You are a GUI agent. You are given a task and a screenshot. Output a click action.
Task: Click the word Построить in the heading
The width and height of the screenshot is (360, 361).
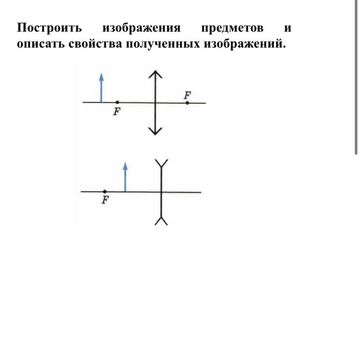click(x=49, y=28)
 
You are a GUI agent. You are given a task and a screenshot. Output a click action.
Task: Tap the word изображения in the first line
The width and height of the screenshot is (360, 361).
click(x=142, y=28)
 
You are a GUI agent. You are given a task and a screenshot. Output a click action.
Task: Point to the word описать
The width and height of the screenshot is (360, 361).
click(x=41, y=44)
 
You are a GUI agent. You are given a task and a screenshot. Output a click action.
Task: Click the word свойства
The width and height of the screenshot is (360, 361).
click(x=95, y=44)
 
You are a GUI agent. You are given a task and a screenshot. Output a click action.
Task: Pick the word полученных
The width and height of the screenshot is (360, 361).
click(x=163, y=44)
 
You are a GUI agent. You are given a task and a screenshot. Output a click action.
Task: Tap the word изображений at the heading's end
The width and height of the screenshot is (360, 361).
click(x=245, y=44)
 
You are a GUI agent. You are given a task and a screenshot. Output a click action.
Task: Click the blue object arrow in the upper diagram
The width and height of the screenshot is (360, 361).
click(x=101, y=88)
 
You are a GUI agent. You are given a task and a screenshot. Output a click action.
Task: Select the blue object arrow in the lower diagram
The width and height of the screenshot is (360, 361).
click(x=125, y=177)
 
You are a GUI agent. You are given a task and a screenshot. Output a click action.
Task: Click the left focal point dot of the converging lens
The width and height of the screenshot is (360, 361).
click(x=117, y=102)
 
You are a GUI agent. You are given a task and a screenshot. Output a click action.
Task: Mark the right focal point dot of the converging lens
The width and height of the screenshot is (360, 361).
click(x=187, y=103)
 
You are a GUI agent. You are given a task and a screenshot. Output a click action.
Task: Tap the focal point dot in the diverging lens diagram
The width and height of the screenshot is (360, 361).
click(x=105, y=192)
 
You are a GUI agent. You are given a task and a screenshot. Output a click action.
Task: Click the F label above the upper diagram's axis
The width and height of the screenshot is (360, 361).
click(x=187, y=95)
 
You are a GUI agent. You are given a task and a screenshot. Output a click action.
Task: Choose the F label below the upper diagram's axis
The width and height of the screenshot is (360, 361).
click(x=117, y=111)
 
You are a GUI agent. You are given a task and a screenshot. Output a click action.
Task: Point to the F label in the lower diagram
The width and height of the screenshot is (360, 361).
click(x=105, y=200)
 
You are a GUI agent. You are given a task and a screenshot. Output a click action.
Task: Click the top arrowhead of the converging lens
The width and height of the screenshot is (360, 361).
click(x=155, y=74)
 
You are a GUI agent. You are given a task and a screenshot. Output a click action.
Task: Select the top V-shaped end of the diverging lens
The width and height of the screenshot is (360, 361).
click(x=161, y=163)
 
